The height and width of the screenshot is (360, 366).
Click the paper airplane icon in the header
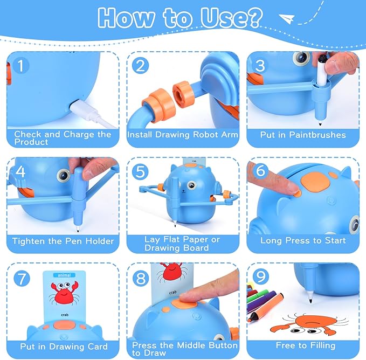click(x=289, y=20)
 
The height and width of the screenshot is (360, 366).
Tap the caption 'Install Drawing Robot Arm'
click(x=183, y=135)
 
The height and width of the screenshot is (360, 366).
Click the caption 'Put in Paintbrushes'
click(x=303, y=135)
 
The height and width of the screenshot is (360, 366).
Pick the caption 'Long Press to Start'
click(x=302, y=241)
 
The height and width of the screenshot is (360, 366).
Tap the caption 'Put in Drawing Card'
click(x=64, y=347)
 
